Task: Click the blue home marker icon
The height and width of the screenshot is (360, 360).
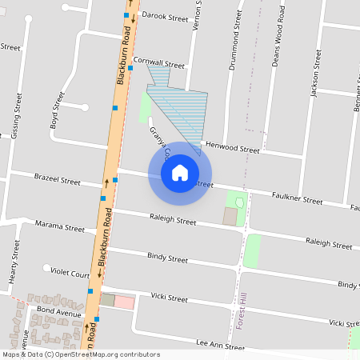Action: pyautogui.click(x=180, y=172)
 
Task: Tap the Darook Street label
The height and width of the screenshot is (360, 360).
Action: pyautogui.click(x=164, y=16)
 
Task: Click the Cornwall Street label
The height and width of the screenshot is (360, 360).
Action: pyautogui.click(x=159, y=62)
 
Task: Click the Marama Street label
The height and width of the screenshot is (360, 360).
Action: pyautogui.click(x=60, y=227)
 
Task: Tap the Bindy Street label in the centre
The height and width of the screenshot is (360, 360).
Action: pyautogui.click(x=167, y=259)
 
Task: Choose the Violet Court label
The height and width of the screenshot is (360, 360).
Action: pyautogui.click(x=70, y=274)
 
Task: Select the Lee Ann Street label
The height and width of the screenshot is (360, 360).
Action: pyautogui.click(x=220, y=347)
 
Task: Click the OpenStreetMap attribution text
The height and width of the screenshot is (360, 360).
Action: pyautogui.click(x=82, y=354)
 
